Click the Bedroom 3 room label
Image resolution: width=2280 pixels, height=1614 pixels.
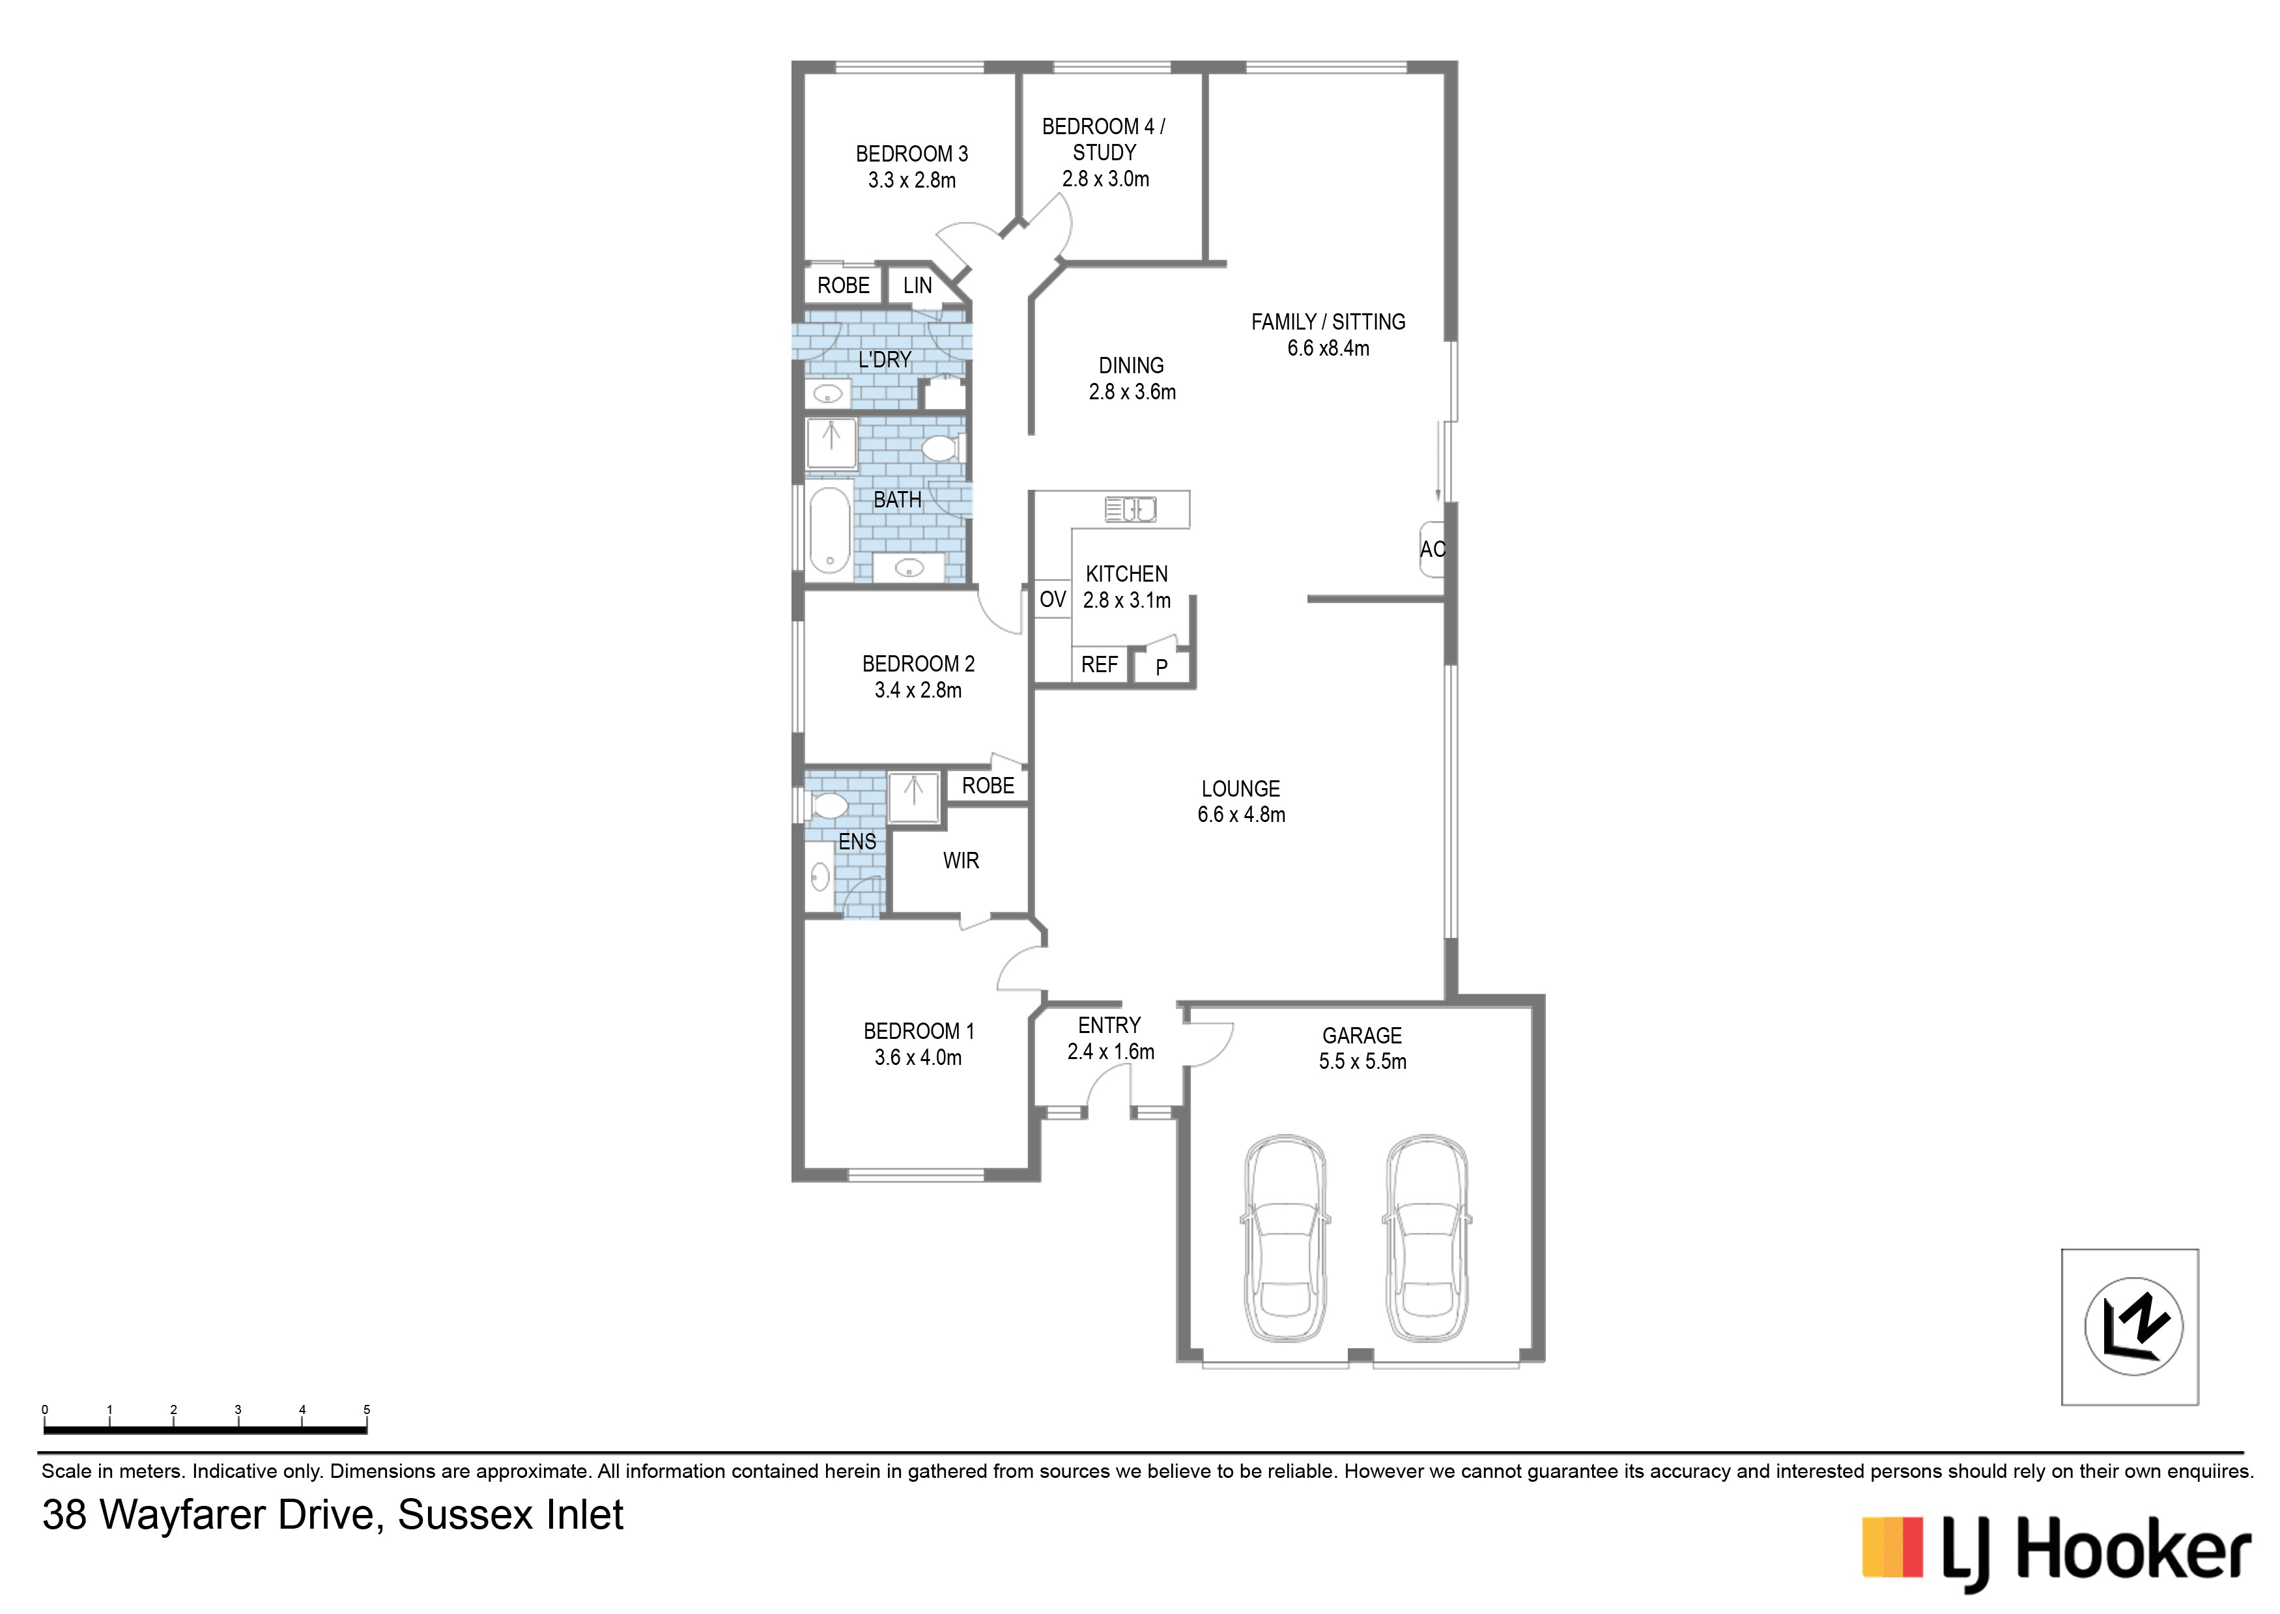[x=911, y=154]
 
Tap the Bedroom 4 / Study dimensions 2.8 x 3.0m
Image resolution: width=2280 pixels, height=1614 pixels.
[x=1105, y=179]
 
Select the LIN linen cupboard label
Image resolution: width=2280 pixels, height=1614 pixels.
[x=917, y=286]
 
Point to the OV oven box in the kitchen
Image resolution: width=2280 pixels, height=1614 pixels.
[x=1053, y=599]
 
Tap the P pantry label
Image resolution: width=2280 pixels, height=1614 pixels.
[x=1161, y=668]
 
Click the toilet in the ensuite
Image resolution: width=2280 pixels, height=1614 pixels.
[x=827, y=804]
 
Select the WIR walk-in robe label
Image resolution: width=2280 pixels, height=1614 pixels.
[x=961, y=860]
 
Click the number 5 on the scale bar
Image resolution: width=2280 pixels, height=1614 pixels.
[x=367, y=1409]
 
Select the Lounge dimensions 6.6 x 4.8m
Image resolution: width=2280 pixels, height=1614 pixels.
[x=1242, y=815]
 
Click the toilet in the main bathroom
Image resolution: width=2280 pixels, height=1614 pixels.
[x=938, y=448]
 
